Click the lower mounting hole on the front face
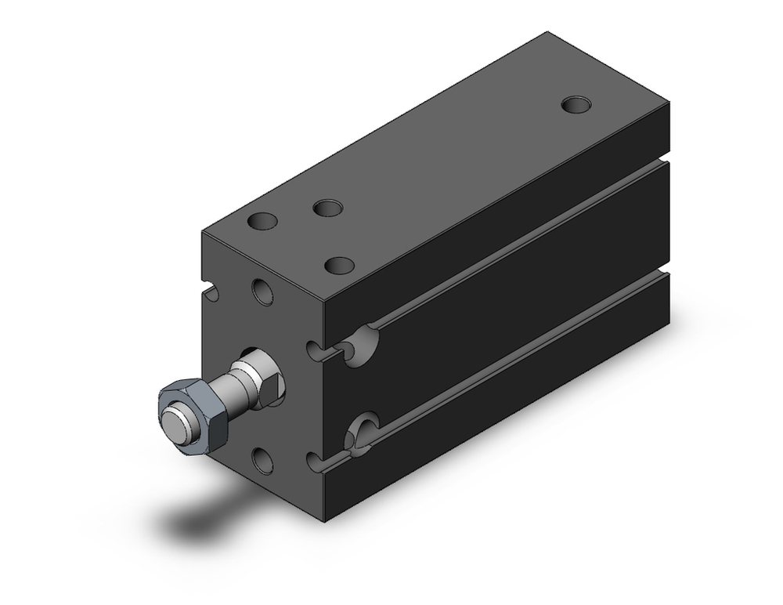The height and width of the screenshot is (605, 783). pos(263,459)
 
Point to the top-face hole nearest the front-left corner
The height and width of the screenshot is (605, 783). pos(263,223)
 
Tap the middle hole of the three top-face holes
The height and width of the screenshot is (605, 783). pos(327,208)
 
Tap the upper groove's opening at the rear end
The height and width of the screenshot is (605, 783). pos(663,161)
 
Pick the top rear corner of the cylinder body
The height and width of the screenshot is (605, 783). pos(547,34)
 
